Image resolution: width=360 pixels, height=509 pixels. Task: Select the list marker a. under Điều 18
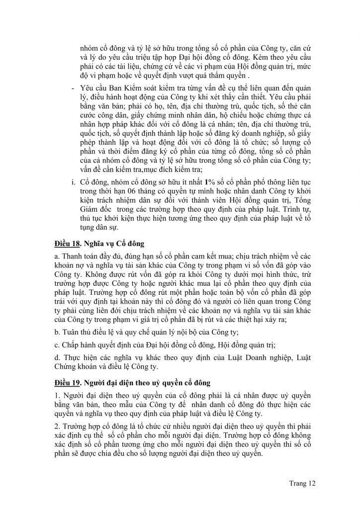click(x=56, y=257)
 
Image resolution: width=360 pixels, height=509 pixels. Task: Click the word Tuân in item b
click(x=70, y=331)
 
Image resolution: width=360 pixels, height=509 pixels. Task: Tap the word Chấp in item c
click(x=71, y=344)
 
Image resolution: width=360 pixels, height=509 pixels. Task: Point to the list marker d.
click(x=57, y=358)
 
